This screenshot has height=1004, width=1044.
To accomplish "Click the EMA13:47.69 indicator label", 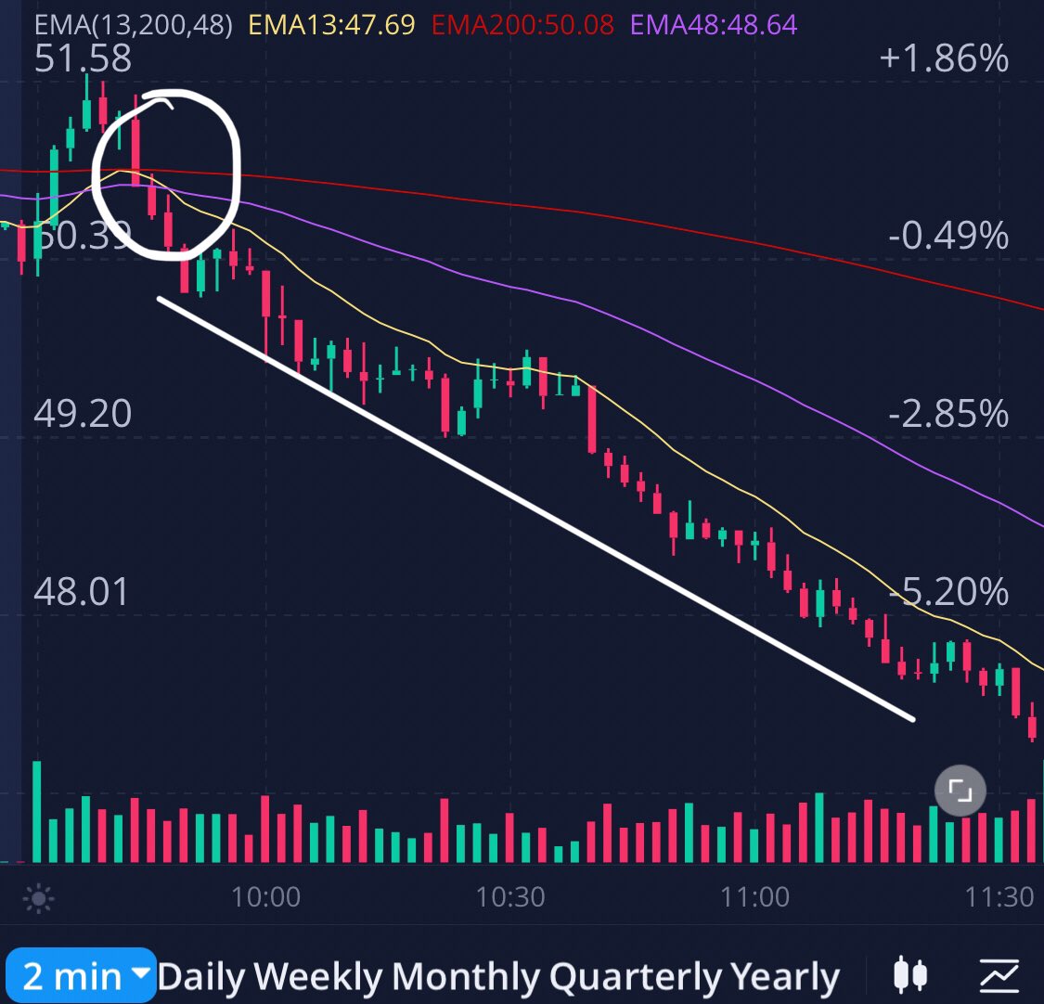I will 331,24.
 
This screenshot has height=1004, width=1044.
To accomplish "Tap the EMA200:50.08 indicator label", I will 522,24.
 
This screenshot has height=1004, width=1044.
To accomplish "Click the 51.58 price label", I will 83,58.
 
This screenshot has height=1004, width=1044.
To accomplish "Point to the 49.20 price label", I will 83,414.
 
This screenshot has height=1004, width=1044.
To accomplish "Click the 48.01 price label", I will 81,592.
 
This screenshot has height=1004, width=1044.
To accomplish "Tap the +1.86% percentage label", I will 944,58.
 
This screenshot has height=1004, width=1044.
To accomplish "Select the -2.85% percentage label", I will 948,414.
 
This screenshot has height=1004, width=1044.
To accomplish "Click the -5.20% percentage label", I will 948,592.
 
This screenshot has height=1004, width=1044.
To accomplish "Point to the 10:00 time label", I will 265,897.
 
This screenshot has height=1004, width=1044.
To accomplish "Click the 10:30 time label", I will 509,897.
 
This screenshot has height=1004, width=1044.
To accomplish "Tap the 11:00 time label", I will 754,897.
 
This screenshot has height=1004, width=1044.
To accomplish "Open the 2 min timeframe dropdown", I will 81,975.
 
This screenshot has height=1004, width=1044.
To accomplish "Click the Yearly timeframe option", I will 784,977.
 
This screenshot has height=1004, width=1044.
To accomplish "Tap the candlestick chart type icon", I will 910,975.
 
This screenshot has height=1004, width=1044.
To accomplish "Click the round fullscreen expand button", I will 960,791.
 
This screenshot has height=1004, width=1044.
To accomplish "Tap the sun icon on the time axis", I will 39,898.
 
